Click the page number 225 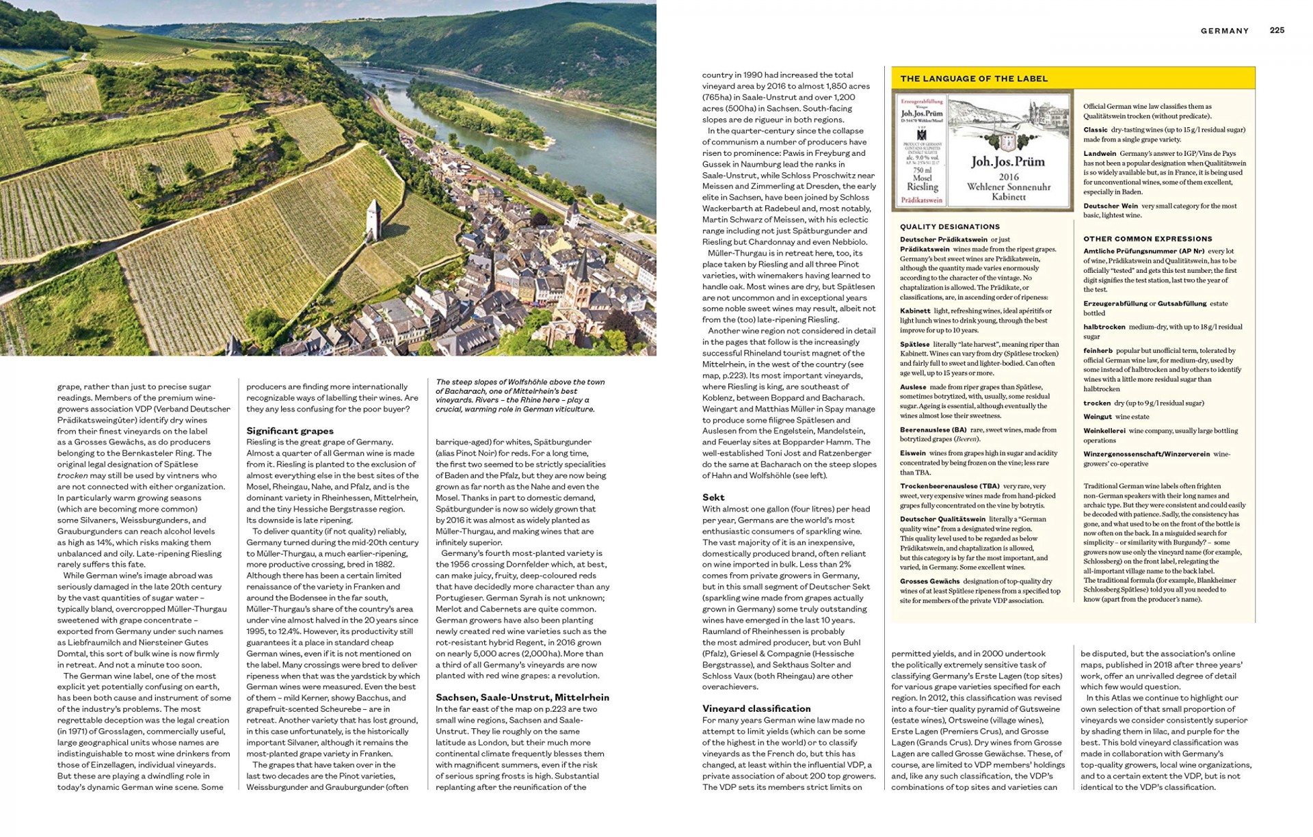tap(1277, 30)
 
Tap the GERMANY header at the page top tap(1224, 31)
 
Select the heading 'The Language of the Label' tap(974, 79)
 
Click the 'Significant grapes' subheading tap(290, 431)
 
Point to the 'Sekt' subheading tap(713, 497)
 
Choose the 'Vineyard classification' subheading tap(756, 708)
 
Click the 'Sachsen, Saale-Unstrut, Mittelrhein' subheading tap(522, 697)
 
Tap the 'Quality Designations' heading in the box tap(949, 227)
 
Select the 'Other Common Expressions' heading tap(1147, 239)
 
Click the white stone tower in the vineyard tap(373, 219)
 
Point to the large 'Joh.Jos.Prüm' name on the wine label tap(1007, 162)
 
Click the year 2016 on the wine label tap(1008, 176)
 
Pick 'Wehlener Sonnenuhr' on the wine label tap(1008, 187)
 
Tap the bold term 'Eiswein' tap(912, 453)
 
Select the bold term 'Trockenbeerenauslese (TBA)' tap(949, 486)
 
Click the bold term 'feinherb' tap(1097, 351)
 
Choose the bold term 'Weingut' tap(1097, 416)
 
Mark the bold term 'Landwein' tap(1099, 154)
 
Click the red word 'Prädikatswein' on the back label tap(922, 200)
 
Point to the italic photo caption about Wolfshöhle tap(520, 396)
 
